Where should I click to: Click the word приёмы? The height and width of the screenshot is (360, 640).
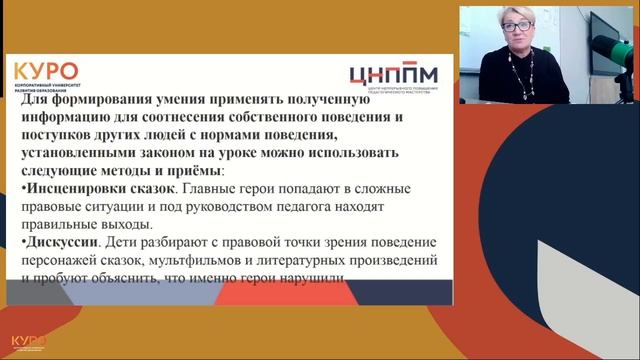coord(191,171)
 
